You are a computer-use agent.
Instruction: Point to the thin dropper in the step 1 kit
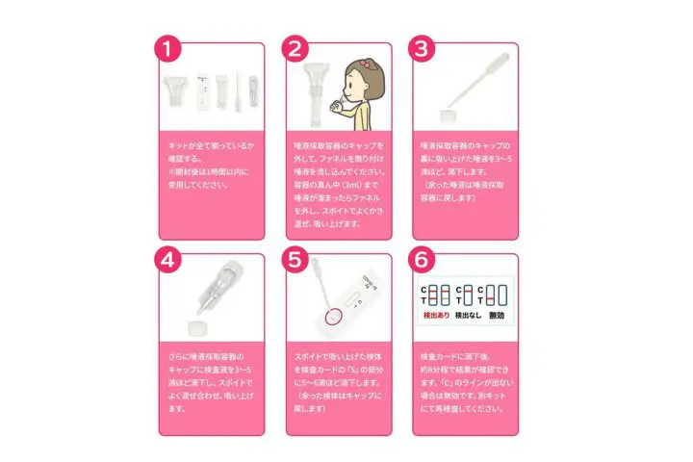click(x=232, y=91)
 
